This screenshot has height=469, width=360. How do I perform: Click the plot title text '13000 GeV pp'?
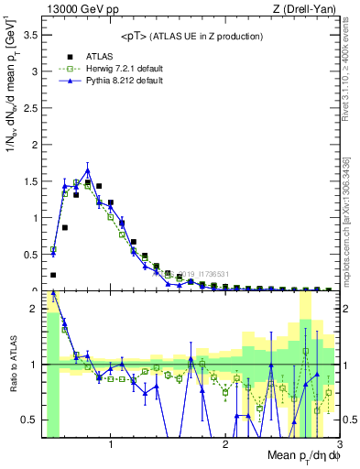(x=76, y=9)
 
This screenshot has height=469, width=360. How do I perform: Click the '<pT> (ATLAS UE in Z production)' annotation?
(x=191, y=36)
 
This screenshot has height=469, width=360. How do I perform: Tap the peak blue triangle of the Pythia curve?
(x=88, y=170)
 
